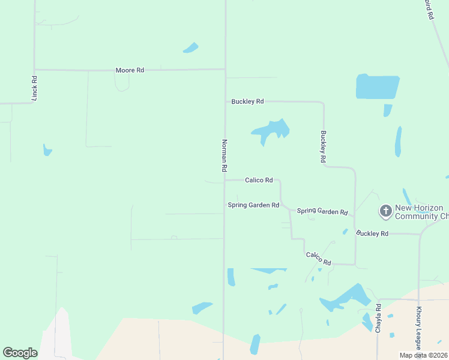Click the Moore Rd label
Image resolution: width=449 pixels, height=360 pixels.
click(x=130, y=70)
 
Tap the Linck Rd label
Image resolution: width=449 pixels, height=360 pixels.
click(x=34, y=88)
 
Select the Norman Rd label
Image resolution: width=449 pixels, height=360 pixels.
click(x=224, y=155)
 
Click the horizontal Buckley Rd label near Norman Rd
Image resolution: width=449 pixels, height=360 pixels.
click(x=247, y=101)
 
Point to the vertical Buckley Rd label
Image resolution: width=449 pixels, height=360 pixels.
click(x=323, y=147)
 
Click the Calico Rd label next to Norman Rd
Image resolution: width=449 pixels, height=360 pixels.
click(x=259, y=180)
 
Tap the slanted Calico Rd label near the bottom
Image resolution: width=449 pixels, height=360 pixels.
click(x=319, y=259)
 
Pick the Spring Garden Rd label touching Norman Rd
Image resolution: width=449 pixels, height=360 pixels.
click(x=253, y=205)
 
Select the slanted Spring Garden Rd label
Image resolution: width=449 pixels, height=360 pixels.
click(x=322, y=211)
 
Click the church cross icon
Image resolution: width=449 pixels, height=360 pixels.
click(x=385, y=211)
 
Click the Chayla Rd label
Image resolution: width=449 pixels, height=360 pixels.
click(x=378, y=319)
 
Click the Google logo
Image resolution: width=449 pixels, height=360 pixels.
click(x=20, y=353)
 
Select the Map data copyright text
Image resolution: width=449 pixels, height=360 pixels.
click(x=423, y=355)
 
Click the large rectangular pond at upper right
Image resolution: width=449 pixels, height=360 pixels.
click(x=378, y=86)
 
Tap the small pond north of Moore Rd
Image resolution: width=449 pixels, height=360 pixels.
click(x=191, y=47)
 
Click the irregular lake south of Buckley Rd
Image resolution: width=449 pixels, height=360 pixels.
click(x=271, y=130)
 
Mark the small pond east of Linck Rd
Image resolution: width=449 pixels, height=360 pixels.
click(x=47, y=150)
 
